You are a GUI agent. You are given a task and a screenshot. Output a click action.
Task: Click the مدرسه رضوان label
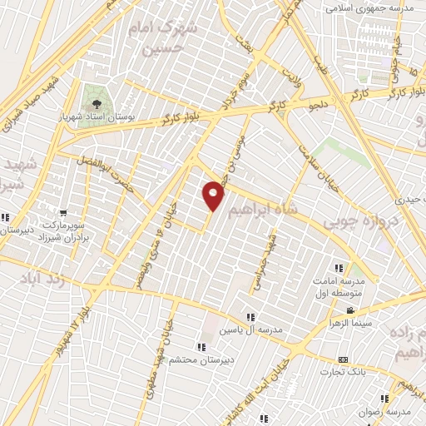click(390, 412)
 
